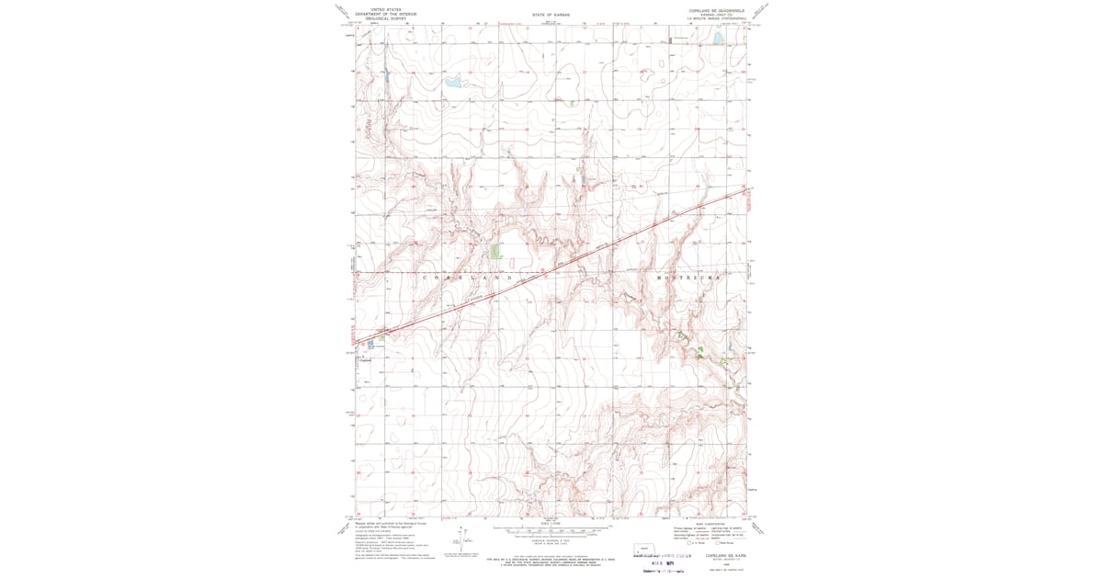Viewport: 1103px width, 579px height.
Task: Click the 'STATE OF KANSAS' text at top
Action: pos(551,15)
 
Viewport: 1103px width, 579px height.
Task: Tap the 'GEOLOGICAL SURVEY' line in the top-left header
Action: pos(385,17)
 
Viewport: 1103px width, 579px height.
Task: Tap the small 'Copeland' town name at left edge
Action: pos(364,359)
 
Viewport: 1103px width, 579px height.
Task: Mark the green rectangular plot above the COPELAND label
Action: pos(495,251)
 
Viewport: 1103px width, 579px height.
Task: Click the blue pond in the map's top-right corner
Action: pos(718,40)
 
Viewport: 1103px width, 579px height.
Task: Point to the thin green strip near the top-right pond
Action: pos(681,38)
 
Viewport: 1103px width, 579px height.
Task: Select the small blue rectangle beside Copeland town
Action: pos(370,344)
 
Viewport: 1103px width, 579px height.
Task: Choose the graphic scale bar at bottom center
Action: pos(551,532)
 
